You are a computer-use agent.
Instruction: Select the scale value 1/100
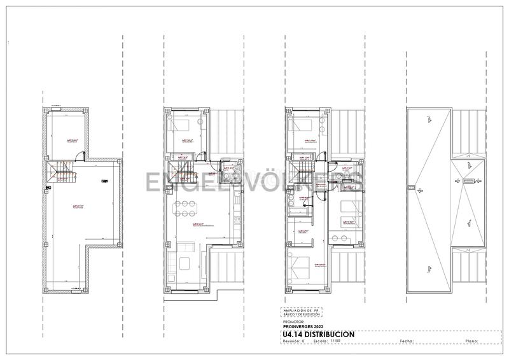click(x=337, y=342)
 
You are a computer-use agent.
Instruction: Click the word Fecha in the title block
click(x=408, y=342)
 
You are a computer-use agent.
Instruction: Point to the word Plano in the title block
click(x=472, y=342)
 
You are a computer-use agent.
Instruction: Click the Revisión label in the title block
click(x=292, y=342)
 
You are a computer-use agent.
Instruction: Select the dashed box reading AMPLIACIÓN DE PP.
click(x=303, y=313)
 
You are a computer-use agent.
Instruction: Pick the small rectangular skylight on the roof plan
click(x=468, y=181)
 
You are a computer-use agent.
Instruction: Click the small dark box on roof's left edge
click(x=411, y=188)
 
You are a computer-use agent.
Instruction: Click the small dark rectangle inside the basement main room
click(x=104, y=181)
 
